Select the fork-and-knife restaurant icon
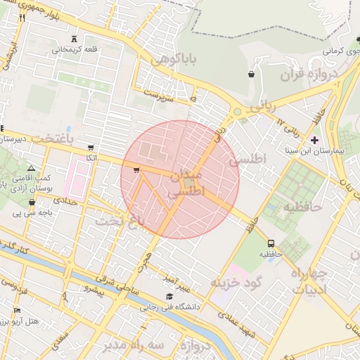(22, 18)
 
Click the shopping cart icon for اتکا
(91, 148)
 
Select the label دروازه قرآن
(309, 75)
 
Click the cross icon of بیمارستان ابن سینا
(314, 140)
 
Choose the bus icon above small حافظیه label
(270, 243)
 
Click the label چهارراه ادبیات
(309, 281)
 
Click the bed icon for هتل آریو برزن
(17, 310)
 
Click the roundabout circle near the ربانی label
(238, 111)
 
